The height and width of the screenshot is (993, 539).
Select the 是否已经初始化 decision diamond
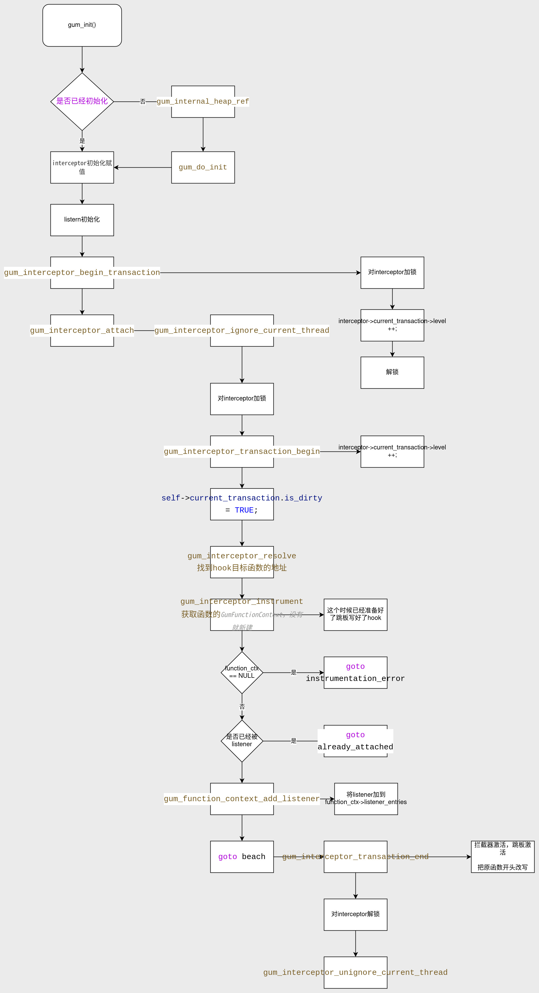(x=82, y=101)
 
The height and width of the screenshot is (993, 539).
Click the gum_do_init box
(x=203, y=167)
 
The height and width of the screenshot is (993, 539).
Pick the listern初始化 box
(x=82, y=220)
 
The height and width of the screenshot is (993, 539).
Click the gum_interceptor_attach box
(x=82, y=330)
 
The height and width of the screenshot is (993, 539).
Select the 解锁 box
(x=392, y=372)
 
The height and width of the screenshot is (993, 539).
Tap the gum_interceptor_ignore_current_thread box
(x=242, y=330)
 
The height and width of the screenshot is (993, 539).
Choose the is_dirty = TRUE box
(x=242, y=504)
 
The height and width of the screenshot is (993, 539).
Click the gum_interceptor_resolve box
(x=242, y=562)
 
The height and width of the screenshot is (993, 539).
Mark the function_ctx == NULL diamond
(x=242, y=672)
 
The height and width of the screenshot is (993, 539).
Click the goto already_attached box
(x=355, y=741)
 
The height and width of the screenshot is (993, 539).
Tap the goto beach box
(x=242, y=856)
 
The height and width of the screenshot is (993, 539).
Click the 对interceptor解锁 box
(x=355, y=914)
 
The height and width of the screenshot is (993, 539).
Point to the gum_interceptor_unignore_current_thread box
(x=355, y=972)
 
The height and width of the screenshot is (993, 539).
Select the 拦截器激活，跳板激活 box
(x=502, y=856)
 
